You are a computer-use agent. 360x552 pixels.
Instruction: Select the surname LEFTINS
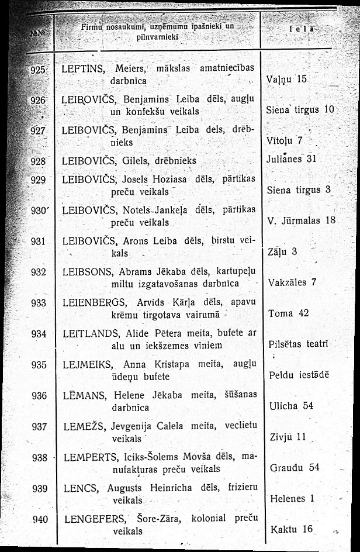[85, 68]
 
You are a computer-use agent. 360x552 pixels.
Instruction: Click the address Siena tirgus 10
[299, 109]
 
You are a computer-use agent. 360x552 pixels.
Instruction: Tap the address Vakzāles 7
[292, 282]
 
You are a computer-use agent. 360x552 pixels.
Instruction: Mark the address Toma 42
[288, 313]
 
